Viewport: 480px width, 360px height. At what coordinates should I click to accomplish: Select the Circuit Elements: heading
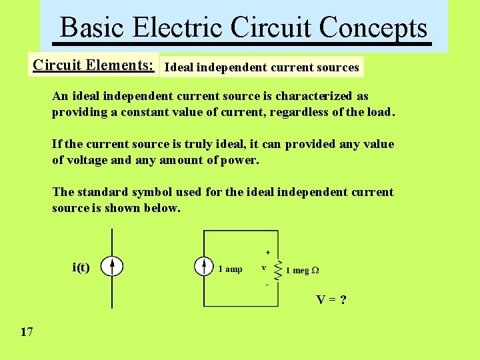(94, 65)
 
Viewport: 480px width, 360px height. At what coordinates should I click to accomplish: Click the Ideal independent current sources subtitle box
(261, 67)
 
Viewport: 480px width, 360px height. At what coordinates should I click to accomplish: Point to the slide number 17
(27, 331)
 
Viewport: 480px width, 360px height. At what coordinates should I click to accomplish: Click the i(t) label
(81, 267)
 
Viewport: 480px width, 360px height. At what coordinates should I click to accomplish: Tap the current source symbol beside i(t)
(112, 267)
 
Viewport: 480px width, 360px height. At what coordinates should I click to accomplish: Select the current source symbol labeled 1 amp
(204, 267)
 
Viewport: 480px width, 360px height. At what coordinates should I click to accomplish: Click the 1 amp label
(230, 269)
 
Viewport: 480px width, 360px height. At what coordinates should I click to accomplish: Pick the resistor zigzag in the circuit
(279, 268)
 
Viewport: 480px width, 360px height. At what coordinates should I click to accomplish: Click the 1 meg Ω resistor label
(302, 270)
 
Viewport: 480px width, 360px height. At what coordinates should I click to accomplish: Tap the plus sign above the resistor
(268, 253)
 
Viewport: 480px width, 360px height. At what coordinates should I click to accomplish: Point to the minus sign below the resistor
(267, 284)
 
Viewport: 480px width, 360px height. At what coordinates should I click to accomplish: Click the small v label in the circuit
(264, 268)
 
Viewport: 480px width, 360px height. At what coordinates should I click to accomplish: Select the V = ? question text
(331, 299)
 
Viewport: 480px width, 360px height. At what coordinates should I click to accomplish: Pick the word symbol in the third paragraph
(152, 192)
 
